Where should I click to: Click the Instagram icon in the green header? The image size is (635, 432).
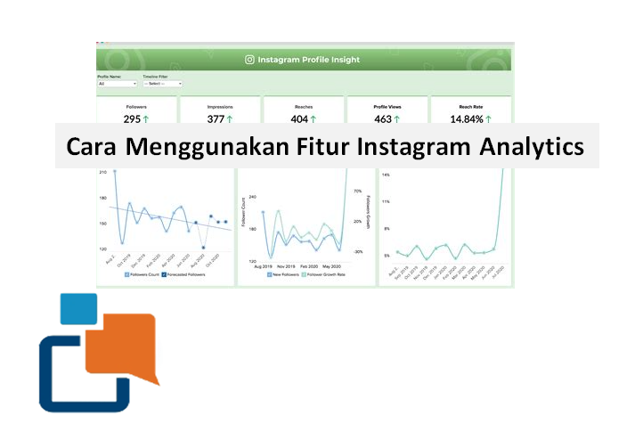[x=249, y=61]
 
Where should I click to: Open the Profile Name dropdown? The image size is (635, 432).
[x=117, y=84]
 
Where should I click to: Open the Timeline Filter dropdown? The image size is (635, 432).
[x=162, y=84]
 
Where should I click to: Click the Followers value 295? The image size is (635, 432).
[x=133, y=118]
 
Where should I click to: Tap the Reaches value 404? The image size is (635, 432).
[x=299, y=118]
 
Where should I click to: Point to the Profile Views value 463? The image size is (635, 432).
[x=382, y=118]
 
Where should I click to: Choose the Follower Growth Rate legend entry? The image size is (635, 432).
[x=323, y=275]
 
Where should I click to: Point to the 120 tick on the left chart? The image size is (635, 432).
[x=102, y=249]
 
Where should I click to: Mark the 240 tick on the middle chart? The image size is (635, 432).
[x=251, y=197]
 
